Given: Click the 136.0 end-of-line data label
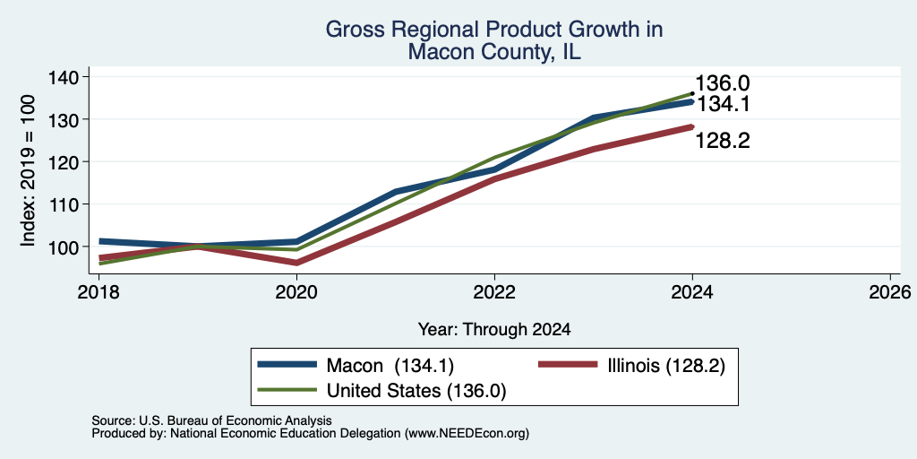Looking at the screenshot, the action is (x=722, y=83).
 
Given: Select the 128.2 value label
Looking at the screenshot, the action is (x=723, y=141).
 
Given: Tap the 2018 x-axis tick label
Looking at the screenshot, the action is (x=99, y=291).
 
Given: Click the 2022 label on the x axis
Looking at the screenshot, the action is (x=494, y=291).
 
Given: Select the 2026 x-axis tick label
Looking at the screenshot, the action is (x=890, y=291).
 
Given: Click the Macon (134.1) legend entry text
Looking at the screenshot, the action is (x=390, y=366).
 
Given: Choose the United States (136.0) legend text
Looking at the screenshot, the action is (x=416, y=391).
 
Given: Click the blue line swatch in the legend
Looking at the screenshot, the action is (x=287, y=365).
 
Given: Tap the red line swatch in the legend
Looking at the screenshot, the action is (x=567, y=365).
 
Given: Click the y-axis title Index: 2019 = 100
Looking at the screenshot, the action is (x=28, y=171).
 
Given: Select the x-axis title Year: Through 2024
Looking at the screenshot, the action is (x=494, y=330).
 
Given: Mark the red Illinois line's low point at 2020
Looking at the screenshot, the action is (x=296, y=263).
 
